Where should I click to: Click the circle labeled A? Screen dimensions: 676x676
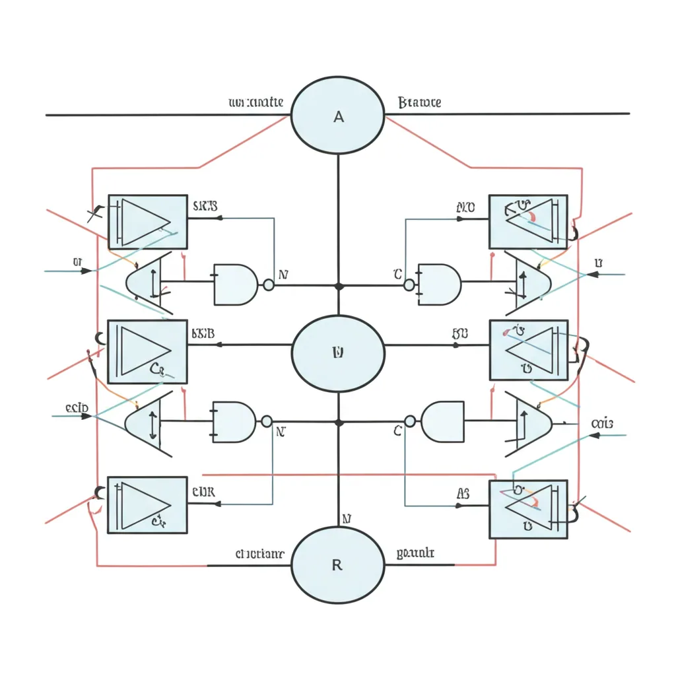(x=338, y=116)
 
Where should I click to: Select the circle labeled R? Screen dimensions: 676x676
(x=338, y=565)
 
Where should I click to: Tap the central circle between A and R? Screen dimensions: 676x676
(x=338, y=353)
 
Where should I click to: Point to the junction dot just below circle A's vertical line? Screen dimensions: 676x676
(x=339, y=286)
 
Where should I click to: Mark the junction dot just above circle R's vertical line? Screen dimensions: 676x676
(x=339, y=422)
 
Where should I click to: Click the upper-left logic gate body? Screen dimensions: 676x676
(x=235, y=285)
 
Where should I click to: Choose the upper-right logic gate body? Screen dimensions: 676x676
(x=440, y=285)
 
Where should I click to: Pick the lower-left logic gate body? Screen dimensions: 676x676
(x=234, y=422)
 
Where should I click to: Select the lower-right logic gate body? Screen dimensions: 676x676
(x=442, y=422)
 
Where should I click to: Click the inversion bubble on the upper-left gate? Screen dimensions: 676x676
(x=269, y=285)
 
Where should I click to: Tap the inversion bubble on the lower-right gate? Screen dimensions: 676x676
(x=410, y=421)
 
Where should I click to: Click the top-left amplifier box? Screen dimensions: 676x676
(x=147, y=222)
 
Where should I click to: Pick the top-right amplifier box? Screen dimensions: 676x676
(x=528, y=222)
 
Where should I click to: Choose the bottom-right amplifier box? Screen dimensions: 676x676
(x=528, y=509)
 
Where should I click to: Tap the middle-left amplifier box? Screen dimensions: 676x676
(x=147, y=352)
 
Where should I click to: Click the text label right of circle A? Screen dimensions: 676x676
(x=420, y=103)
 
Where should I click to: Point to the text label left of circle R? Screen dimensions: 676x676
(x=259, y=554)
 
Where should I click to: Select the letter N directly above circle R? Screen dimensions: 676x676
(x=347, y=519)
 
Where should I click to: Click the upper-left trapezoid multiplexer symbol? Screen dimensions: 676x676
(x=150, y=283)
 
